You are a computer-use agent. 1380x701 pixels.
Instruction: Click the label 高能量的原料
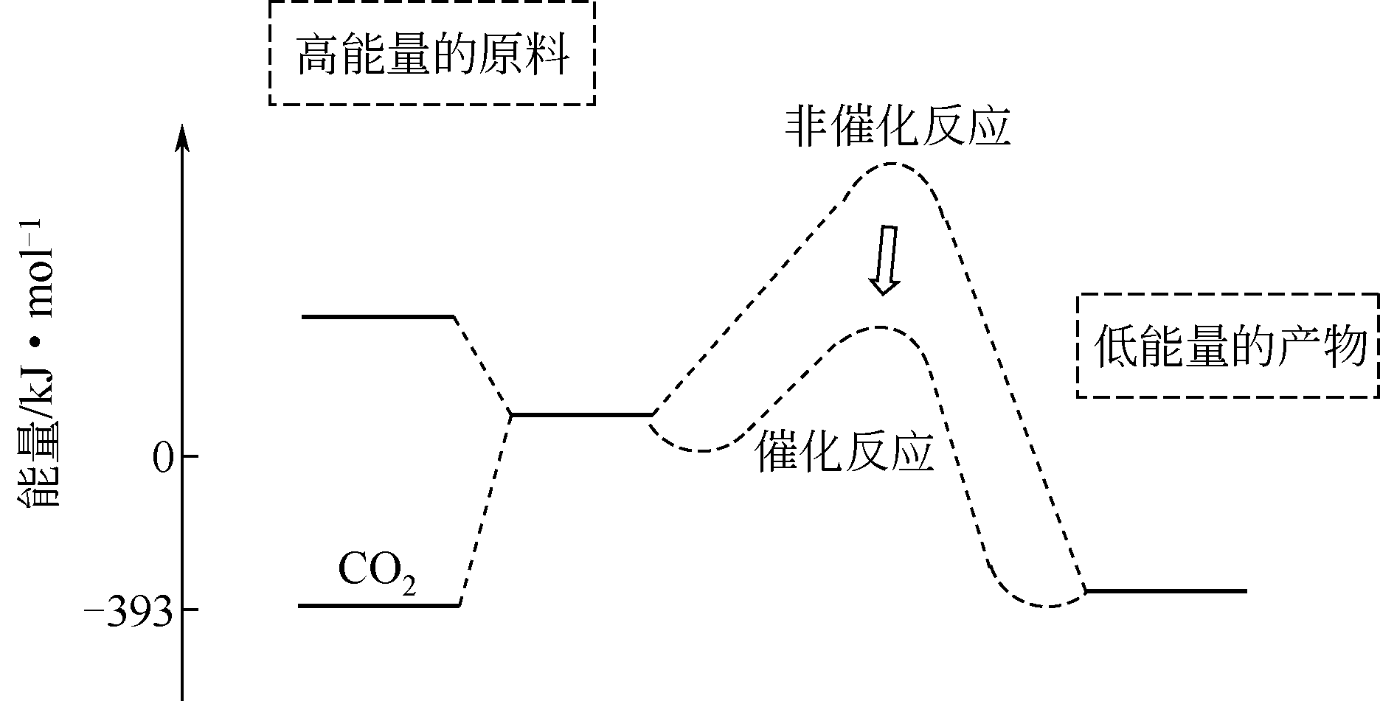coord(432,54)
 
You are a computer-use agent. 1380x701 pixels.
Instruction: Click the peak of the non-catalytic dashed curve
coord(892,164)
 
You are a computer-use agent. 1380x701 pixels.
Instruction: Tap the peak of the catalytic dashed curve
coord(880,327)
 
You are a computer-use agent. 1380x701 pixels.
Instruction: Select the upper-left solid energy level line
coord(377,317)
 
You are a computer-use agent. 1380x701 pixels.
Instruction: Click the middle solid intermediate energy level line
coord(581,414)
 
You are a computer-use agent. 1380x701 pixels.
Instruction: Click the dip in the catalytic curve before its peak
coord(702,450)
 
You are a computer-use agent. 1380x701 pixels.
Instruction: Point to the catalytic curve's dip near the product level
coord(1050,606)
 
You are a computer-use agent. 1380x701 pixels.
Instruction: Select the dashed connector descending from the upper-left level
coord(482,365)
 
